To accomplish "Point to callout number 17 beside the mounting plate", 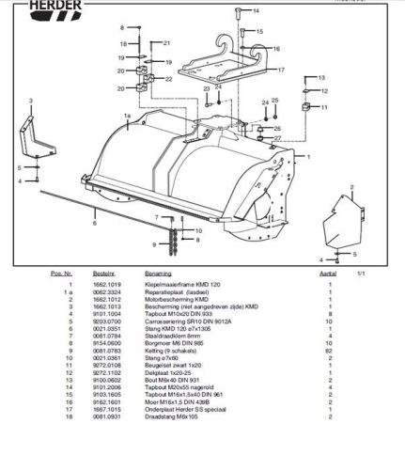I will [x=281, y=70].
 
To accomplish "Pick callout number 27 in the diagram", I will [x=277, y=138].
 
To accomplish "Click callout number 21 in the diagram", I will [x=166, y=43].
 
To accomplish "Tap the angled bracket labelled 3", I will [x=42, y=132].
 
